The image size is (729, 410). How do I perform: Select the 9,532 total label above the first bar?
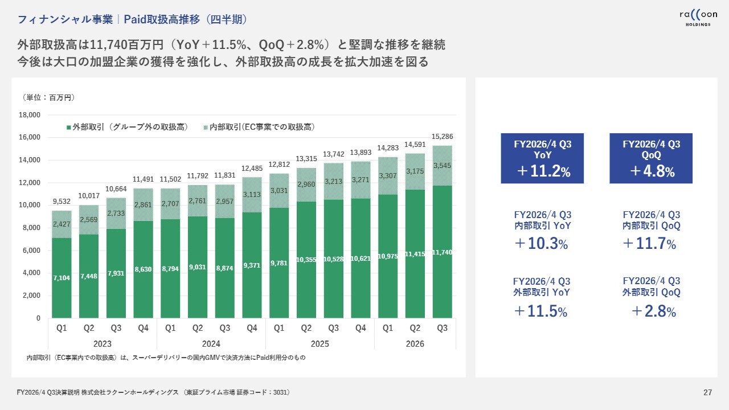(62, 201)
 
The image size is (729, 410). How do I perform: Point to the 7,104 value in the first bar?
(62, 277)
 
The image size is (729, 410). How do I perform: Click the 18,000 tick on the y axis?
(30, 115)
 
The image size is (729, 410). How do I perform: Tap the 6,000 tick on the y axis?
(32, 251)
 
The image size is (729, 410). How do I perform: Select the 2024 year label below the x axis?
(211, 344)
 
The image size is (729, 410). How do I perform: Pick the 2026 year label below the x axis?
(415, 344)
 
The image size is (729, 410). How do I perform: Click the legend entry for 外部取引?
(127, 127)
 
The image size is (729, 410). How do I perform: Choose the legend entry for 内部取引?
(259, 127)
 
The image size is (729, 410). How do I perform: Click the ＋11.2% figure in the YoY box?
(542, 171)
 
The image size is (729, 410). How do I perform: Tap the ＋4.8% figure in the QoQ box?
(651, 171)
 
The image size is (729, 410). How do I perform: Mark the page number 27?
(708, 392)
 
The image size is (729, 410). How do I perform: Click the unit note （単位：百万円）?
(49, 97)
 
